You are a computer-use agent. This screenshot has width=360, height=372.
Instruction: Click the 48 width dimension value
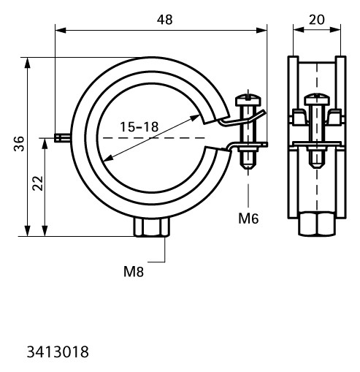165,20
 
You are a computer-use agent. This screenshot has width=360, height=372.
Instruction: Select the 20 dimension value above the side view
317,20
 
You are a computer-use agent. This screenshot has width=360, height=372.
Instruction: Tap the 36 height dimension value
19,144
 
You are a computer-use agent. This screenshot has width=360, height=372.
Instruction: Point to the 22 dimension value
38,183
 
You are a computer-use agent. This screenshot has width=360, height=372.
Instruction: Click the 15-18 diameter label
139,127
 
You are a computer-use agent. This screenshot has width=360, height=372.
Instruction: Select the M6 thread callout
248,219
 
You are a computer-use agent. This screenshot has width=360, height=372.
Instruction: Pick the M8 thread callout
134,272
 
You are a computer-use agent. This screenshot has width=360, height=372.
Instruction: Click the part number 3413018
58,352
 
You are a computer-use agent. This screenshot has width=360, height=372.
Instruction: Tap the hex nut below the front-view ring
152,227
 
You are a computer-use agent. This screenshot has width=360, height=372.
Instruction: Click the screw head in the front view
248,101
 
